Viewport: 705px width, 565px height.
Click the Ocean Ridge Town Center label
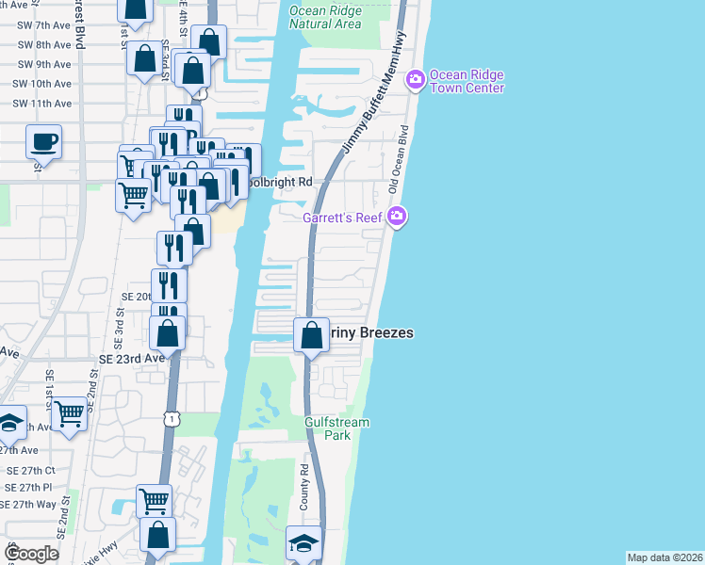point(467,82)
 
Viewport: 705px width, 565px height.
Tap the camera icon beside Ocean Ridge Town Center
point(415,81)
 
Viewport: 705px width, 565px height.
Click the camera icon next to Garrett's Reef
point(398,217)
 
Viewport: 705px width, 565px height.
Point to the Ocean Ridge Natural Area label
point(324,17)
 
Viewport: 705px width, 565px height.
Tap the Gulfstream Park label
point(336,428)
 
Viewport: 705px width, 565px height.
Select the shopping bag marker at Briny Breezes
point(311,334)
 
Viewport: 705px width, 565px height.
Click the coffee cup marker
point(44,142)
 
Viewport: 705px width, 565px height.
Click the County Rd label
point(304,488)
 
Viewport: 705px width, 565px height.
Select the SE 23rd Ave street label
point(133,358)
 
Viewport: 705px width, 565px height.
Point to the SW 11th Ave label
point(44,104)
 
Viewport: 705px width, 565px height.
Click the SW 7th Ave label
point(44,25)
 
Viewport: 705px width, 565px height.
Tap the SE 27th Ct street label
point(30,470)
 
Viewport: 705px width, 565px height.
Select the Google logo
point(32,554)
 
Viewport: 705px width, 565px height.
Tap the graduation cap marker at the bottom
point(303,543)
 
